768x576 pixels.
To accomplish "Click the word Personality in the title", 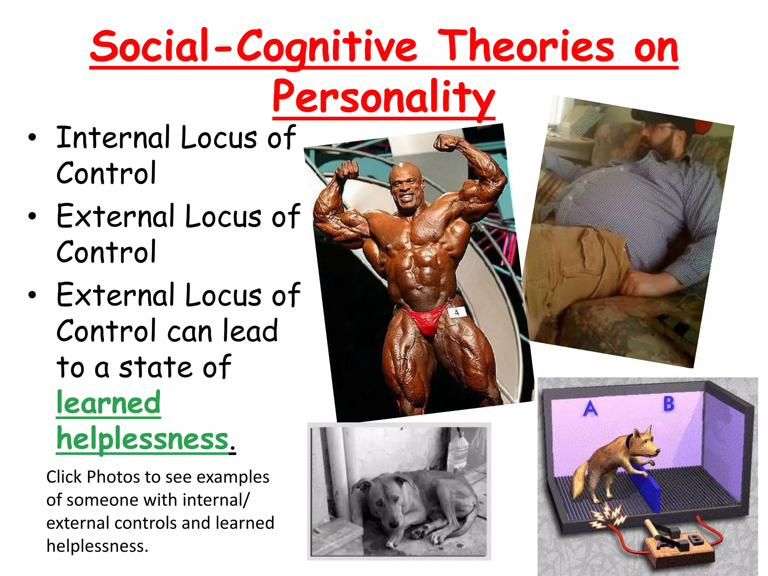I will tap(383, 97).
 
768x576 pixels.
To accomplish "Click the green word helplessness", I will tap(142, 439).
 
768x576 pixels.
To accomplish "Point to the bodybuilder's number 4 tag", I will tap(456, 312).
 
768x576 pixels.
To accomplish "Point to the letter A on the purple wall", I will tap(591, 409).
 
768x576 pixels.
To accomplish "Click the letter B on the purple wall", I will tap(669, 404).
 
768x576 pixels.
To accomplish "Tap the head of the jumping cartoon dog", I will tap(643, 442).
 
